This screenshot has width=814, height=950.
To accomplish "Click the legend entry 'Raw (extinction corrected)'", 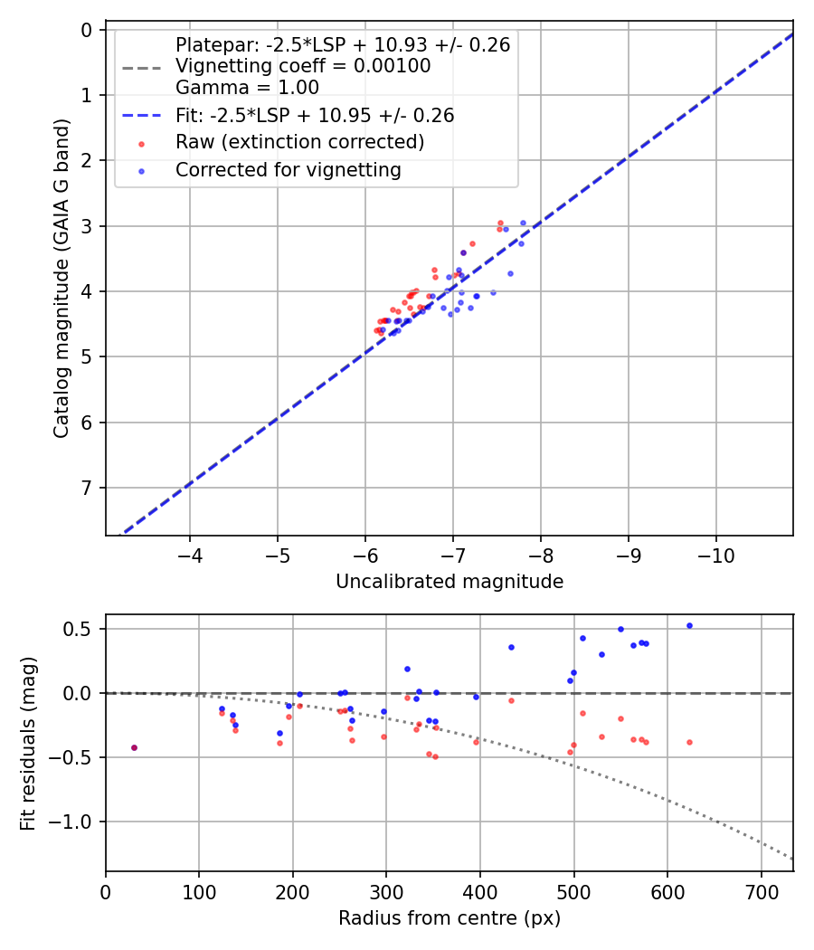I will click(x=299, y=142).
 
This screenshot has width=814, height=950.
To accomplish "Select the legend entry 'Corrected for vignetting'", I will click(x=288, y=169).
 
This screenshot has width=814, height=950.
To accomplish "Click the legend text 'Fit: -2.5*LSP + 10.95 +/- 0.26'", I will click(x=314, y=116).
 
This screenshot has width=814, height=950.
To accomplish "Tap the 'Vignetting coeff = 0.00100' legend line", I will click(x=303, y=66).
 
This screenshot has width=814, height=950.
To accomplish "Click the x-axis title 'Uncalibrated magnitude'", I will click(x=450, y=582).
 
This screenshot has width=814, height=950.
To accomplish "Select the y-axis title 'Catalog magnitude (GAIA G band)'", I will click(x=62, y=282).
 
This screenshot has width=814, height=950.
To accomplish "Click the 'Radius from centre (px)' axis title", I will click(x=450, y=918).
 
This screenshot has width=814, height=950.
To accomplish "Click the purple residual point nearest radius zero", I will click(x=134, y=747).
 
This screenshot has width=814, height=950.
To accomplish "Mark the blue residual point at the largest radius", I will click(x=689, y=625).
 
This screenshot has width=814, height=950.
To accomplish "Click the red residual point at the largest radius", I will click(x=689, y=742).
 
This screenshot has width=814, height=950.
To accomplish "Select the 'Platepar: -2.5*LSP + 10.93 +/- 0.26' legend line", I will click(x=343, y=44).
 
